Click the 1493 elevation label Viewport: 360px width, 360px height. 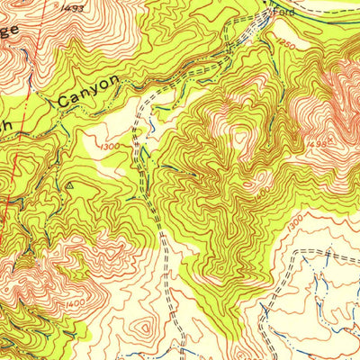75,8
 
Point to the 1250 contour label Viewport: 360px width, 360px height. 286,44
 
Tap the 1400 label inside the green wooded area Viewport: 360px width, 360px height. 260,191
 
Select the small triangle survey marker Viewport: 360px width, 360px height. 70,186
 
